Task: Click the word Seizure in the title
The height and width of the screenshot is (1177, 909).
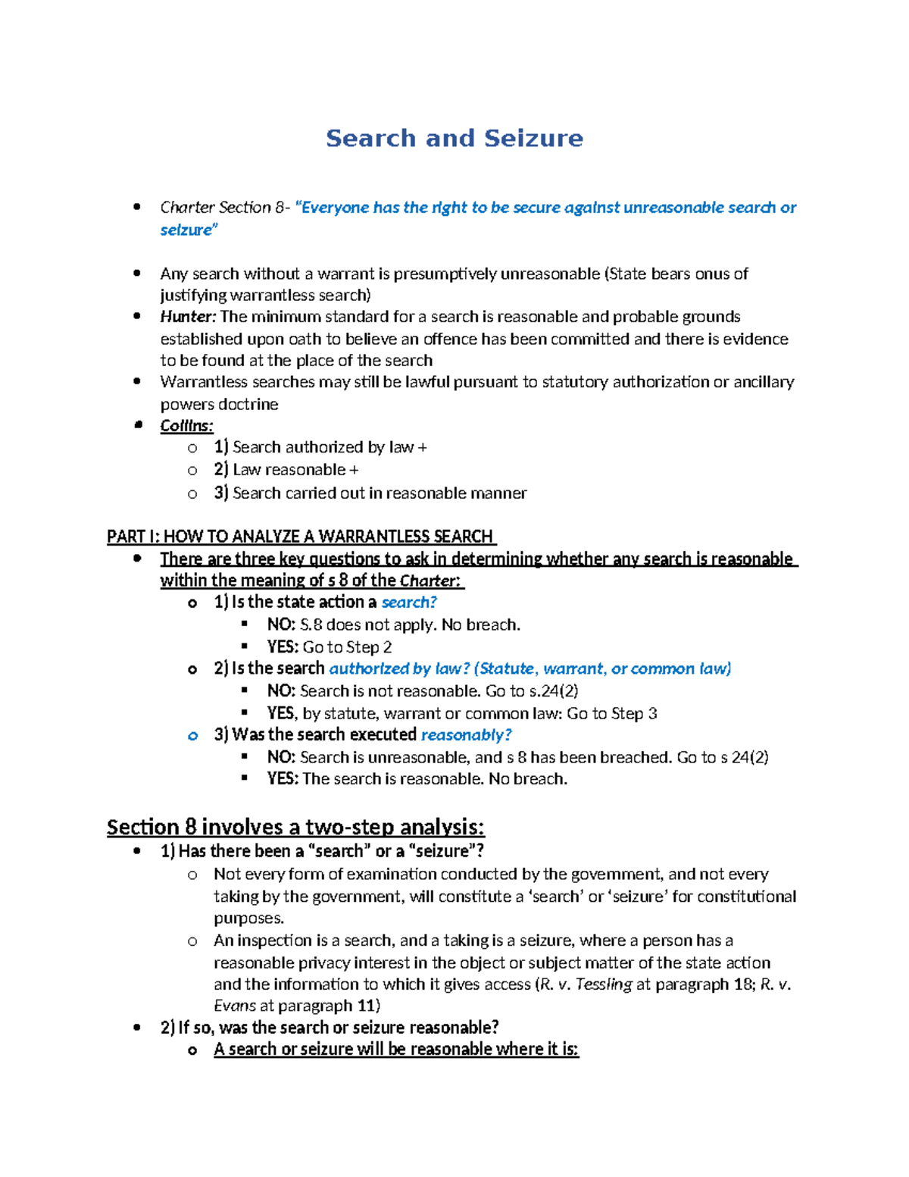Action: coord(533,138)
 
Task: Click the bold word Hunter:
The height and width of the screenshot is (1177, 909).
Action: coord(188,317)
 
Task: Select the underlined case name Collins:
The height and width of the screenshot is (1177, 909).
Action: coord(186,426)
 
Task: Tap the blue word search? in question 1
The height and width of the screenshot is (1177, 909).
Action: coord(409,603)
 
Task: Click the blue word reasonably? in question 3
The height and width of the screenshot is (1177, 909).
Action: coord(466,735)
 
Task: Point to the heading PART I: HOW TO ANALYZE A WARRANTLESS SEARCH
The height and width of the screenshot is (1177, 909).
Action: coord(300,537)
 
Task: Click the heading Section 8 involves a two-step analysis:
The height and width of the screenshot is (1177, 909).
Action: coord(295,827)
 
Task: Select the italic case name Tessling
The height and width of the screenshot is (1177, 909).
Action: coord(604,984)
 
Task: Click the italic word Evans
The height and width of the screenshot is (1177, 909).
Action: coord(235,1006)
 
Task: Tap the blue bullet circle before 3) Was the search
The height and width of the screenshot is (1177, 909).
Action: coord(192,736)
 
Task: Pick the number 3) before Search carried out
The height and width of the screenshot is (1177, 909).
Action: coord(220,493)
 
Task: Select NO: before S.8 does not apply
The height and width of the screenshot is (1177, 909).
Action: coord(281,625)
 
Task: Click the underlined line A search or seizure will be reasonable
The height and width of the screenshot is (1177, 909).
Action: coord(395,1050)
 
